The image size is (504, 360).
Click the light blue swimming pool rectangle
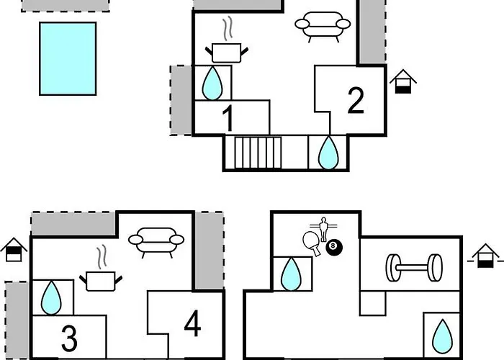pyautogui.click(x=68, y=58)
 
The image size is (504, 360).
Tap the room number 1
pyautogui.click(x=228, y=118)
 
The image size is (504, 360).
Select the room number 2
pyautogui.click(x=356, y=100)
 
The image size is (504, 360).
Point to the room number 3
pyautogui.click(x=69, y=338)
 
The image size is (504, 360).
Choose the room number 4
pyautogui.click(x=192, y=323)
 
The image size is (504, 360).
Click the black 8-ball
pyautogui.click(x=334, y=247)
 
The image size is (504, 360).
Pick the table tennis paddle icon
pyautogui.click(x=312, y=243)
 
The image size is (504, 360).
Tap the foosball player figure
pyautogui.click(x=323, y=229)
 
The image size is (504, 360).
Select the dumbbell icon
pyautogui.click(x=414, y=268)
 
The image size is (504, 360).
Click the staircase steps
pyautogui.click(x=258, y=153)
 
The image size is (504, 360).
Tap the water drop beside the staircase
pyautogui.click(x=328, y=153)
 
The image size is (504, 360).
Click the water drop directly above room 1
pyautogui.click(x=212, y=83)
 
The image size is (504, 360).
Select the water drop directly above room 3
pyautogui.click(x=51, y=297)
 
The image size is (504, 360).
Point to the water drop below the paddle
pyautogui.click(x=291, y=274)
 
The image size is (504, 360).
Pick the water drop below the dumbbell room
pyautogui.click(x=442, y=336)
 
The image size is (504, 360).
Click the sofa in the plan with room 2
pyautogui.click(x=323, y=27)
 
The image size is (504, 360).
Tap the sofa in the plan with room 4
pyautogui.click(x=156, y=243)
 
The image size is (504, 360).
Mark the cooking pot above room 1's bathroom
pyautogui.click(x=227, y=48)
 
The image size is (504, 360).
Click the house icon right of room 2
pyautogui.click(x=403, y=81)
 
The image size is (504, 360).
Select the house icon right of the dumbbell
pyautogui.click(x=485, y=256)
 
